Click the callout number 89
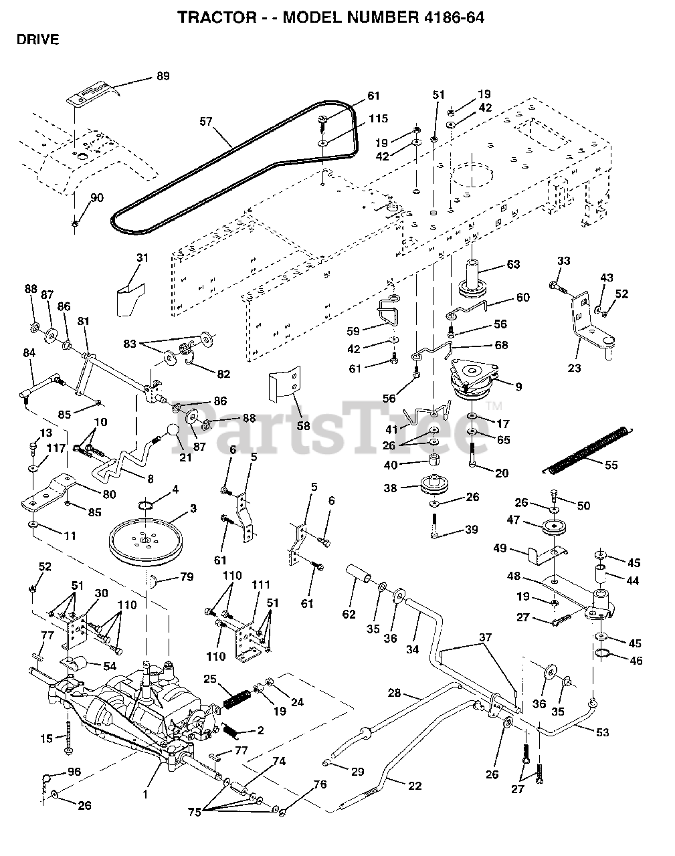(x=163, y=76)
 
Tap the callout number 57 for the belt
(x=207, y=121)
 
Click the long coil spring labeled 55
(x=587, y=449)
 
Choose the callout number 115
(x=379, y=118)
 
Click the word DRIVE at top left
(x=37, y=39)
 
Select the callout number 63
(x=513, y=264)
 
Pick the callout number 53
(x=602, y=732)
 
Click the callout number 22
(x=415, y=786)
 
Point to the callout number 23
(x=574, y=367)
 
